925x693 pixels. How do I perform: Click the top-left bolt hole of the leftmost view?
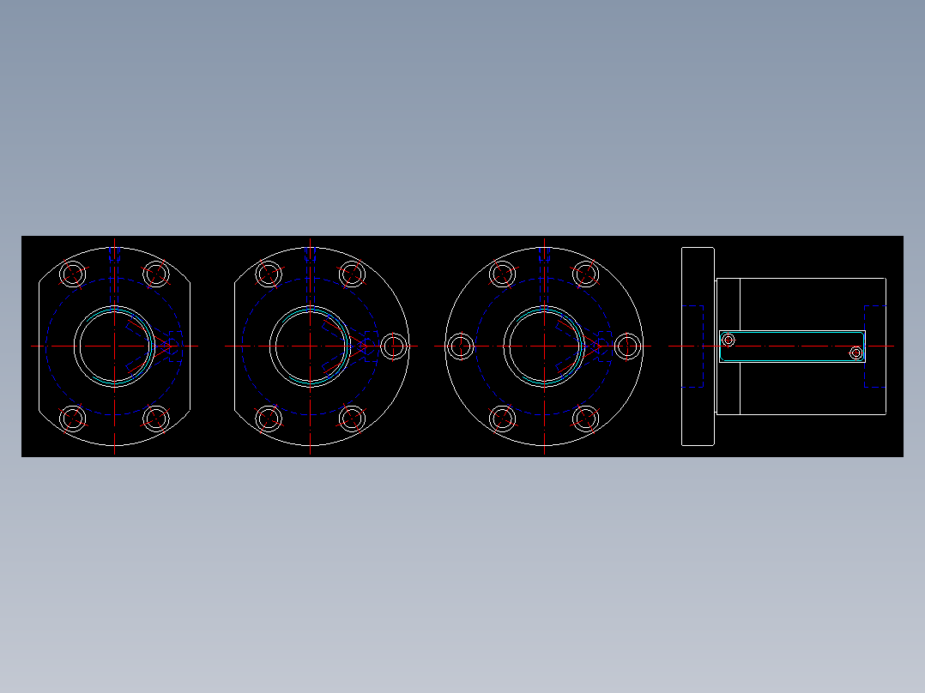[x=73, y=274]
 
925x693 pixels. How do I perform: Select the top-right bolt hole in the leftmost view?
[x=155, y=274]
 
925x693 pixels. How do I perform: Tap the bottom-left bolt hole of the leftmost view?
[x=73, y=419]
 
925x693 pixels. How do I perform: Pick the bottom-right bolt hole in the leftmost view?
[x=155, y=419]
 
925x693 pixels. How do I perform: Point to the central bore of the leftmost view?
[x=114, y=346]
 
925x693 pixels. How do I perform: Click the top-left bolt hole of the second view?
[x=269, y=274]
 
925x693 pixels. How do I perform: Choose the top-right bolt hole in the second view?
[x=352, y=274]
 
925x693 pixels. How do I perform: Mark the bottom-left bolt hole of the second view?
[x=269, y=419]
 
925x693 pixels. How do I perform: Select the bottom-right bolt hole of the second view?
[x=352, y=419]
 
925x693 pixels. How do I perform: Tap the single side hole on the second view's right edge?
[x=394, y=346]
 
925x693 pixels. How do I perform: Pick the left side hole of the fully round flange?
[x=461, y=346]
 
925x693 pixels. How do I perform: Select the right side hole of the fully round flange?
[x=628, y=346]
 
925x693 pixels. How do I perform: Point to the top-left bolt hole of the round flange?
[x=503, y=274]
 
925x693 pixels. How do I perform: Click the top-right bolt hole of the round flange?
[x=585, y=274]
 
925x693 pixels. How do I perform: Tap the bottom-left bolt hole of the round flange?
[x=503, y=419]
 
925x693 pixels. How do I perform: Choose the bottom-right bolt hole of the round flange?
[x=585, y=419]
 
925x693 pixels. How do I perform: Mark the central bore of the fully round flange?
[x=544, y=346]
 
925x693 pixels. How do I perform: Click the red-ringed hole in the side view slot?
[x=729, y=340]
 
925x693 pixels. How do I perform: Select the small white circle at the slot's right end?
[x=855, y=353]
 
